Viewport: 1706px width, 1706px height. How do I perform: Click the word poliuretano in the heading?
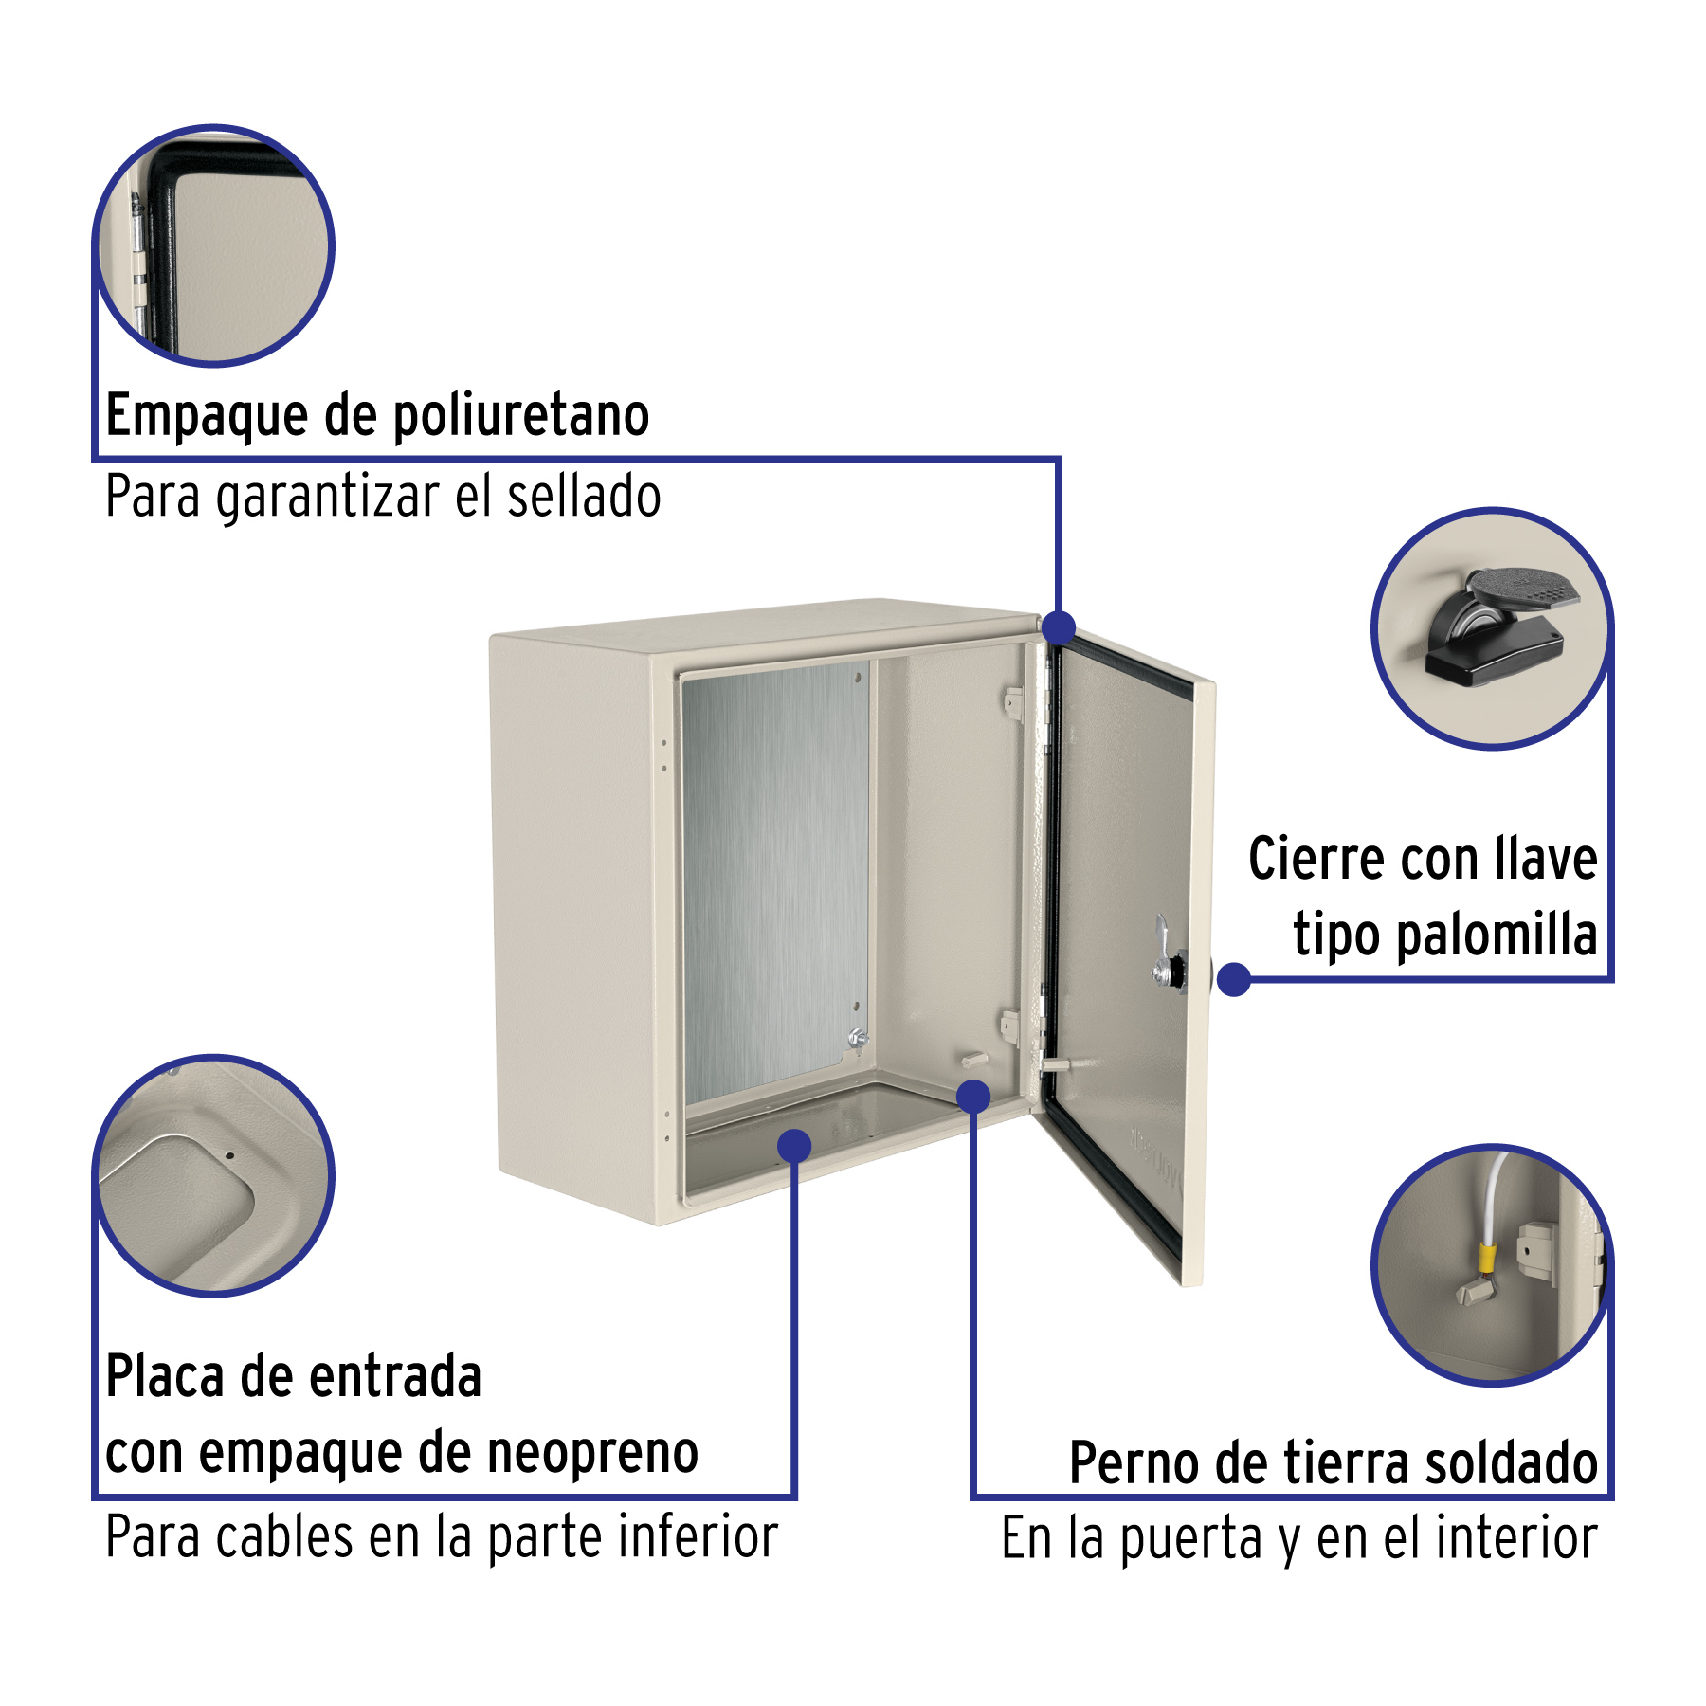point(520,416)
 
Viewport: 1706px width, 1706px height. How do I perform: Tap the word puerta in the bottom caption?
point(1192,1537)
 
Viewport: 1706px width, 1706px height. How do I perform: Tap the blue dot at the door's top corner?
point(1058,627)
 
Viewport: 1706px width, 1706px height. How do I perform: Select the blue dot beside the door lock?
point(1234,979)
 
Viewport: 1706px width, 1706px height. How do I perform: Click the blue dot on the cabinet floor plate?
point(794,1145)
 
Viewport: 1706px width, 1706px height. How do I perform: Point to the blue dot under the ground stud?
point(973,1097)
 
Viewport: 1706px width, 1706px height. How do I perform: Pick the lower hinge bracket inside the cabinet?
point(1010,1025)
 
